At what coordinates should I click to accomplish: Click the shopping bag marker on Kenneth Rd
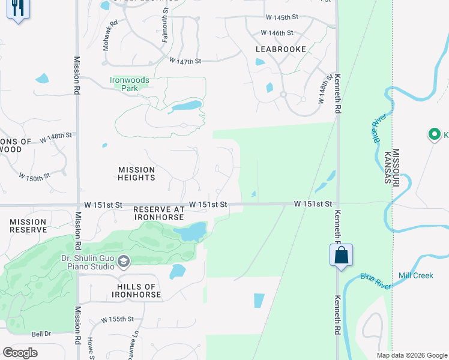pyautogui.click(x=341, y=255)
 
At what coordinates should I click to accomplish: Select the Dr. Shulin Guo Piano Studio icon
pyautogui.click(x=124, y=260)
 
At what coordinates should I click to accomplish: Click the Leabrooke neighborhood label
pyautogui.click(x=280, y=49)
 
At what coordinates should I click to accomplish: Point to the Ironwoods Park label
pyautogui.click(x=129, y=84)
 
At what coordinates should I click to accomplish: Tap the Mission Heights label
pyautogui.click(x=137, y=174)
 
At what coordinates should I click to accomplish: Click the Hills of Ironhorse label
pyautogui.click(x=136, y=291)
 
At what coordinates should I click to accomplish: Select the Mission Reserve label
pyautogui.click(x=28, y=226)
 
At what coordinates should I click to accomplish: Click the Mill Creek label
pyautogui.click(x=415, y=275)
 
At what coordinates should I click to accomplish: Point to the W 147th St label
pyautogui.click(x=184, y=61)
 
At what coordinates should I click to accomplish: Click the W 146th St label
pyautogui.click(x=277, y=33)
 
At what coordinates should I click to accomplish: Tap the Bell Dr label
pyautogui.click(x=41, y=334)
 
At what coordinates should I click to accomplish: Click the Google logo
pyautogui.click(x=20, y=353)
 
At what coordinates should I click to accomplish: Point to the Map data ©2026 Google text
pyautogui.click(x=411, y=355)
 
